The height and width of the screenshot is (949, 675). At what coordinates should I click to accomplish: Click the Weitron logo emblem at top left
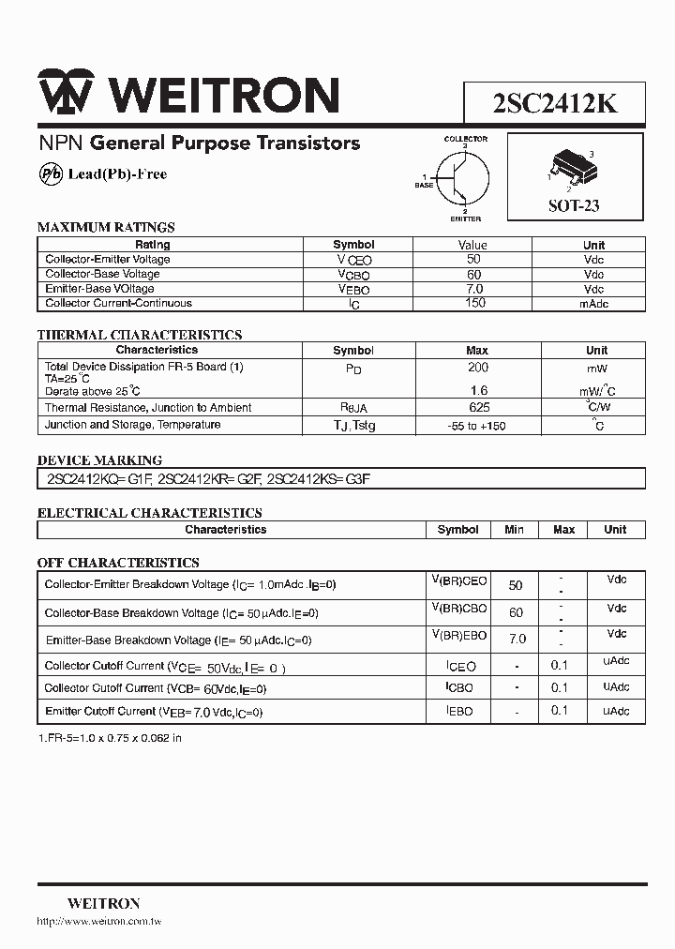[x=66, y=94]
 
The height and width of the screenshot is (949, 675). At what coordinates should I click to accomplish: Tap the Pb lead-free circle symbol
[x=51, y=174]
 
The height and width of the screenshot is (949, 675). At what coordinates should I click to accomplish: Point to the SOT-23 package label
[x=574, y=206]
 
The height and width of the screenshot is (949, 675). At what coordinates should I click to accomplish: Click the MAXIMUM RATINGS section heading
[x=106, y=227]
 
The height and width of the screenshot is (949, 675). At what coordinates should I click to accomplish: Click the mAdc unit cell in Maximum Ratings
[x=593, y=304]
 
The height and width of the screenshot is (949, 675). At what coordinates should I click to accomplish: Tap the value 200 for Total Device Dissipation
[x=477, y=368]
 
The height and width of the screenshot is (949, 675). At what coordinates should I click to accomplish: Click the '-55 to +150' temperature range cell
[x=477, y=426]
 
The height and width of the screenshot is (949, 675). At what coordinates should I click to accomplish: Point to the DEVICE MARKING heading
[x=99, y=460]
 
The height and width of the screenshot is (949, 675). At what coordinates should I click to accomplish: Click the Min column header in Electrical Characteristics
[x=514, y=530]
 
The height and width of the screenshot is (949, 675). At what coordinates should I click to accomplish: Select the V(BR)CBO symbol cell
[x=458, y=610]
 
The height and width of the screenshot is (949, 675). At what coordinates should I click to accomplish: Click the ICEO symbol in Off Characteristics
[x=459, y=667]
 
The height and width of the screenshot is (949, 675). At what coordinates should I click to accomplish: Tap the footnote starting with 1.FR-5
[x=110, y=738]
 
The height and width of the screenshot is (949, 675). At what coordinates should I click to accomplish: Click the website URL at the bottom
[x=99, y=923]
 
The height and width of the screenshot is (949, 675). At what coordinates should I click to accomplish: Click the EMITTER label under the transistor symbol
[x=466, y=219]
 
